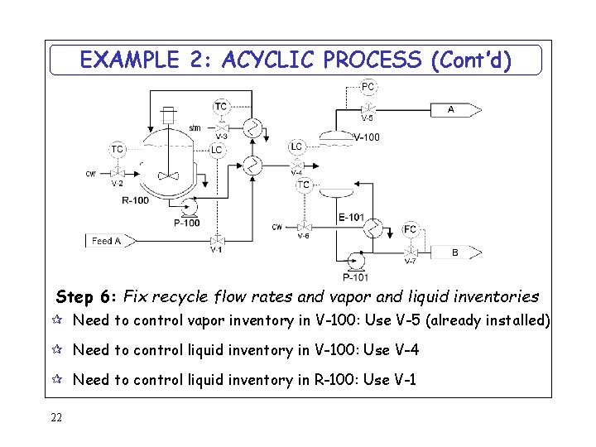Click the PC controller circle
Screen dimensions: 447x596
368,86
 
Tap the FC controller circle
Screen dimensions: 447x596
411,229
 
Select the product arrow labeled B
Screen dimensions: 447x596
456,252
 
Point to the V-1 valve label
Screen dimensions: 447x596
216,250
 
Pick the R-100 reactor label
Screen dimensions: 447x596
136,200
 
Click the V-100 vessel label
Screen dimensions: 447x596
366,137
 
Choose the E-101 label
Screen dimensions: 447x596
351,218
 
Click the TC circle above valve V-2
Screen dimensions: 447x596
118,149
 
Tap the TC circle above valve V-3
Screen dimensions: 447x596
221,106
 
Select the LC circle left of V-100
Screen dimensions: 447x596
296,147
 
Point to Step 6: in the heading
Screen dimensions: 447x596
86,296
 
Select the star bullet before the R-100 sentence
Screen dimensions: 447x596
60,380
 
